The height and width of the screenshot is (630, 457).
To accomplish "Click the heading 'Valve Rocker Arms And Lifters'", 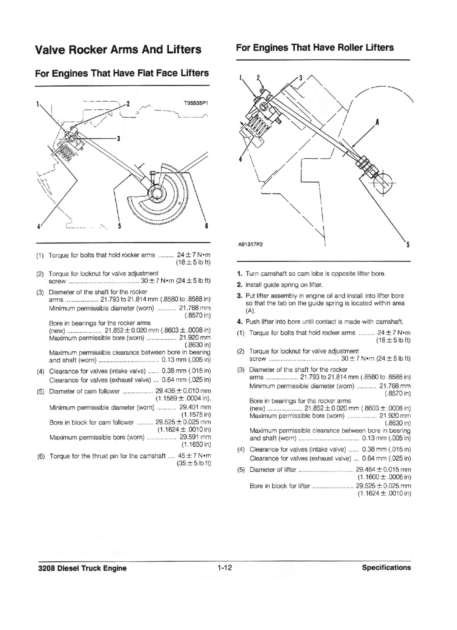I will pos(118,49).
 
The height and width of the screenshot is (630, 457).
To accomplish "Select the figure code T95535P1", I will pos(196,103).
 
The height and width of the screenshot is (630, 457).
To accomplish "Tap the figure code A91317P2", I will pos(250,245).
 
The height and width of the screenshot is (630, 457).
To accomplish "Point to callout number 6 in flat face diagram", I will pos(207,226).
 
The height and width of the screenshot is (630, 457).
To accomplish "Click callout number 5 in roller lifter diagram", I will pos(408,245).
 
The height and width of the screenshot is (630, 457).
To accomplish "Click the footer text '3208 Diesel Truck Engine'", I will pos(82,568).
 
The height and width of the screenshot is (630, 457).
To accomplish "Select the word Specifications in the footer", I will pos(386,568).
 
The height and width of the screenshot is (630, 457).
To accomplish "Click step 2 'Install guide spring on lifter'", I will pos(284,285).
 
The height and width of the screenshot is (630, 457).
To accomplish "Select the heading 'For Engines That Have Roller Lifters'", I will pos(315,47).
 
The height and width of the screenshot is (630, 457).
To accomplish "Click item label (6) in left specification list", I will pos(41,456).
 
